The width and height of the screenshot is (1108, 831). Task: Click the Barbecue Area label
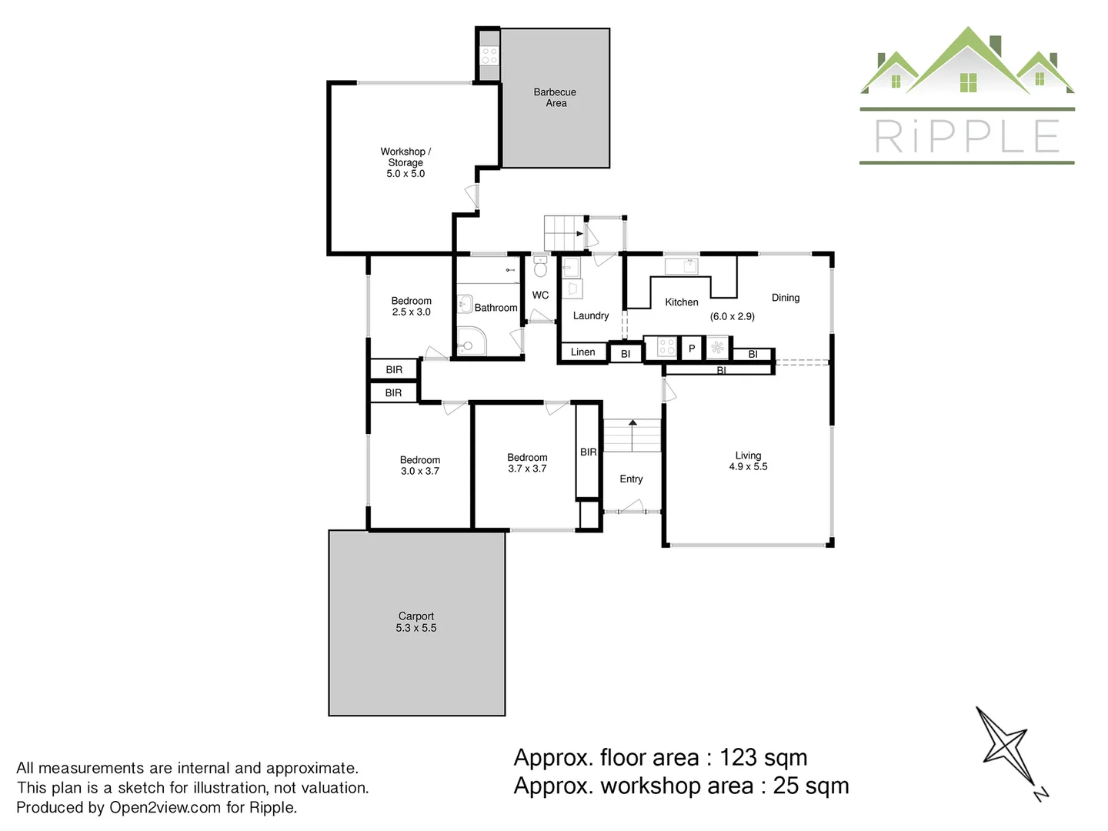point(555,98)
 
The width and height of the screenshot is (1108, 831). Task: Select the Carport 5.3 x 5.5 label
point(416,622)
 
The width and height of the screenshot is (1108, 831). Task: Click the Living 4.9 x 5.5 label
point(748,461)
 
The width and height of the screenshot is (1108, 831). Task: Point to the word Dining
point(786,298)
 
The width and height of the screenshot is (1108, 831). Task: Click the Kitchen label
point(682,302)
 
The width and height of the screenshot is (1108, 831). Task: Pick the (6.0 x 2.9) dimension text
point(732,316)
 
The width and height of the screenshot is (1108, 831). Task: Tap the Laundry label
point(591,315)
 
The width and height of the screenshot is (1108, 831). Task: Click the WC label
point(540,295)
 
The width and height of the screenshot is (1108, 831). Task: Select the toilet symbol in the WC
point(540,267)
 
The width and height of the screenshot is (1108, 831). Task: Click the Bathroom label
point(496,308)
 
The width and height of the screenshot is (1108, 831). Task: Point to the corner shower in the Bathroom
point(470,342)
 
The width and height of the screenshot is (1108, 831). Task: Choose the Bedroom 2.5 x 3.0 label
point(411,306)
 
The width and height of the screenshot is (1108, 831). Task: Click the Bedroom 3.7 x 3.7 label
point(527,462)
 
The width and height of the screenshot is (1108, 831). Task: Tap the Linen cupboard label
point(582,352)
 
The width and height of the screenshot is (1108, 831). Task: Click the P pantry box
point(692,349)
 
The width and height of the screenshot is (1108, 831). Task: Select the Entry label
point(631,479)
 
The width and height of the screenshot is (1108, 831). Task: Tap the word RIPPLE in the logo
point(967,137)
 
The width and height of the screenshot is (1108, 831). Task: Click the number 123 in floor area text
point(738,758)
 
